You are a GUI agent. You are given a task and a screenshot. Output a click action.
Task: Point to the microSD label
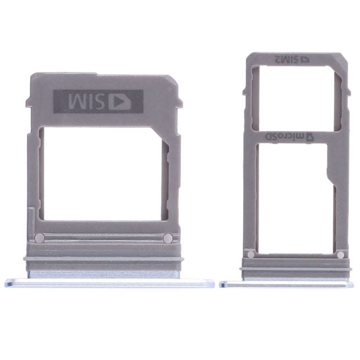[283, 137]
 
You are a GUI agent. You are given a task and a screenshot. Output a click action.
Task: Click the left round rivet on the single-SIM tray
[41, 238]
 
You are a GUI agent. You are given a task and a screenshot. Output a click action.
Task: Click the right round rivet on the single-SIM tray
[168, 238]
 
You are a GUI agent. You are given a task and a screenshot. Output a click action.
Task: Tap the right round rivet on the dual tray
[340, 254]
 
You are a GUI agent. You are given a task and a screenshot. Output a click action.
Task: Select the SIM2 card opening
[295, 98]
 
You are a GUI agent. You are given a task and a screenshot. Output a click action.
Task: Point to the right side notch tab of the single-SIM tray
[181, 98]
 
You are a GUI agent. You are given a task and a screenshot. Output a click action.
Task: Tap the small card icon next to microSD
[310, 137]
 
